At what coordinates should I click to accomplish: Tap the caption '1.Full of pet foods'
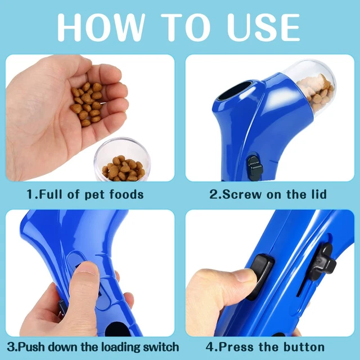pos(85,195)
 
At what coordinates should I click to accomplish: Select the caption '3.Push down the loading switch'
pos(93,346)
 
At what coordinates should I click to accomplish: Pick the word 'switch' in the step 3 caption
pos(158,346)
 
